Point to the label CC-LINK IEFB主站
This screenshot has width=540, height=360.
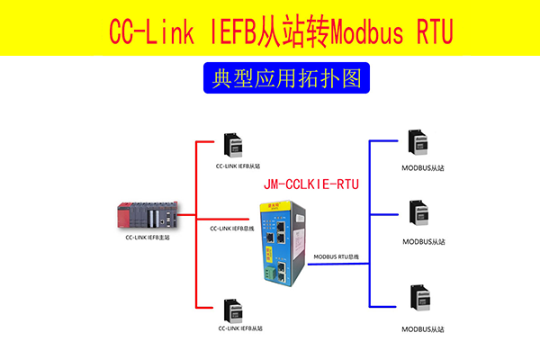148,238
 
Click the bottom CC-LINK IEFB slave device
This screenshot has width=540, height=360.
232,310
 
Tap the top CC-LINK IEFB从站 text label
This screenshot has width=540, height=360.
238,166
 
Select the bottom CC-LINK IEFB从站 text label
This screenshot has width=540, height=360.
238,330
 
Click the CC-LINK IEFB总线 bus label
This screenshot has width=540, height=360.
231,229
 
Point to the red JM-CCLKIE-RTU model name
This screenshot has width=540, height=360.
311,184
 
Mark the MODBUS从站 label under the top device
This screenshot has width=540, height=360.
423,167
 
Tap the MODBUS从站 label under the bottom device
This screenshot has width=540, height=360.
423,329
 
